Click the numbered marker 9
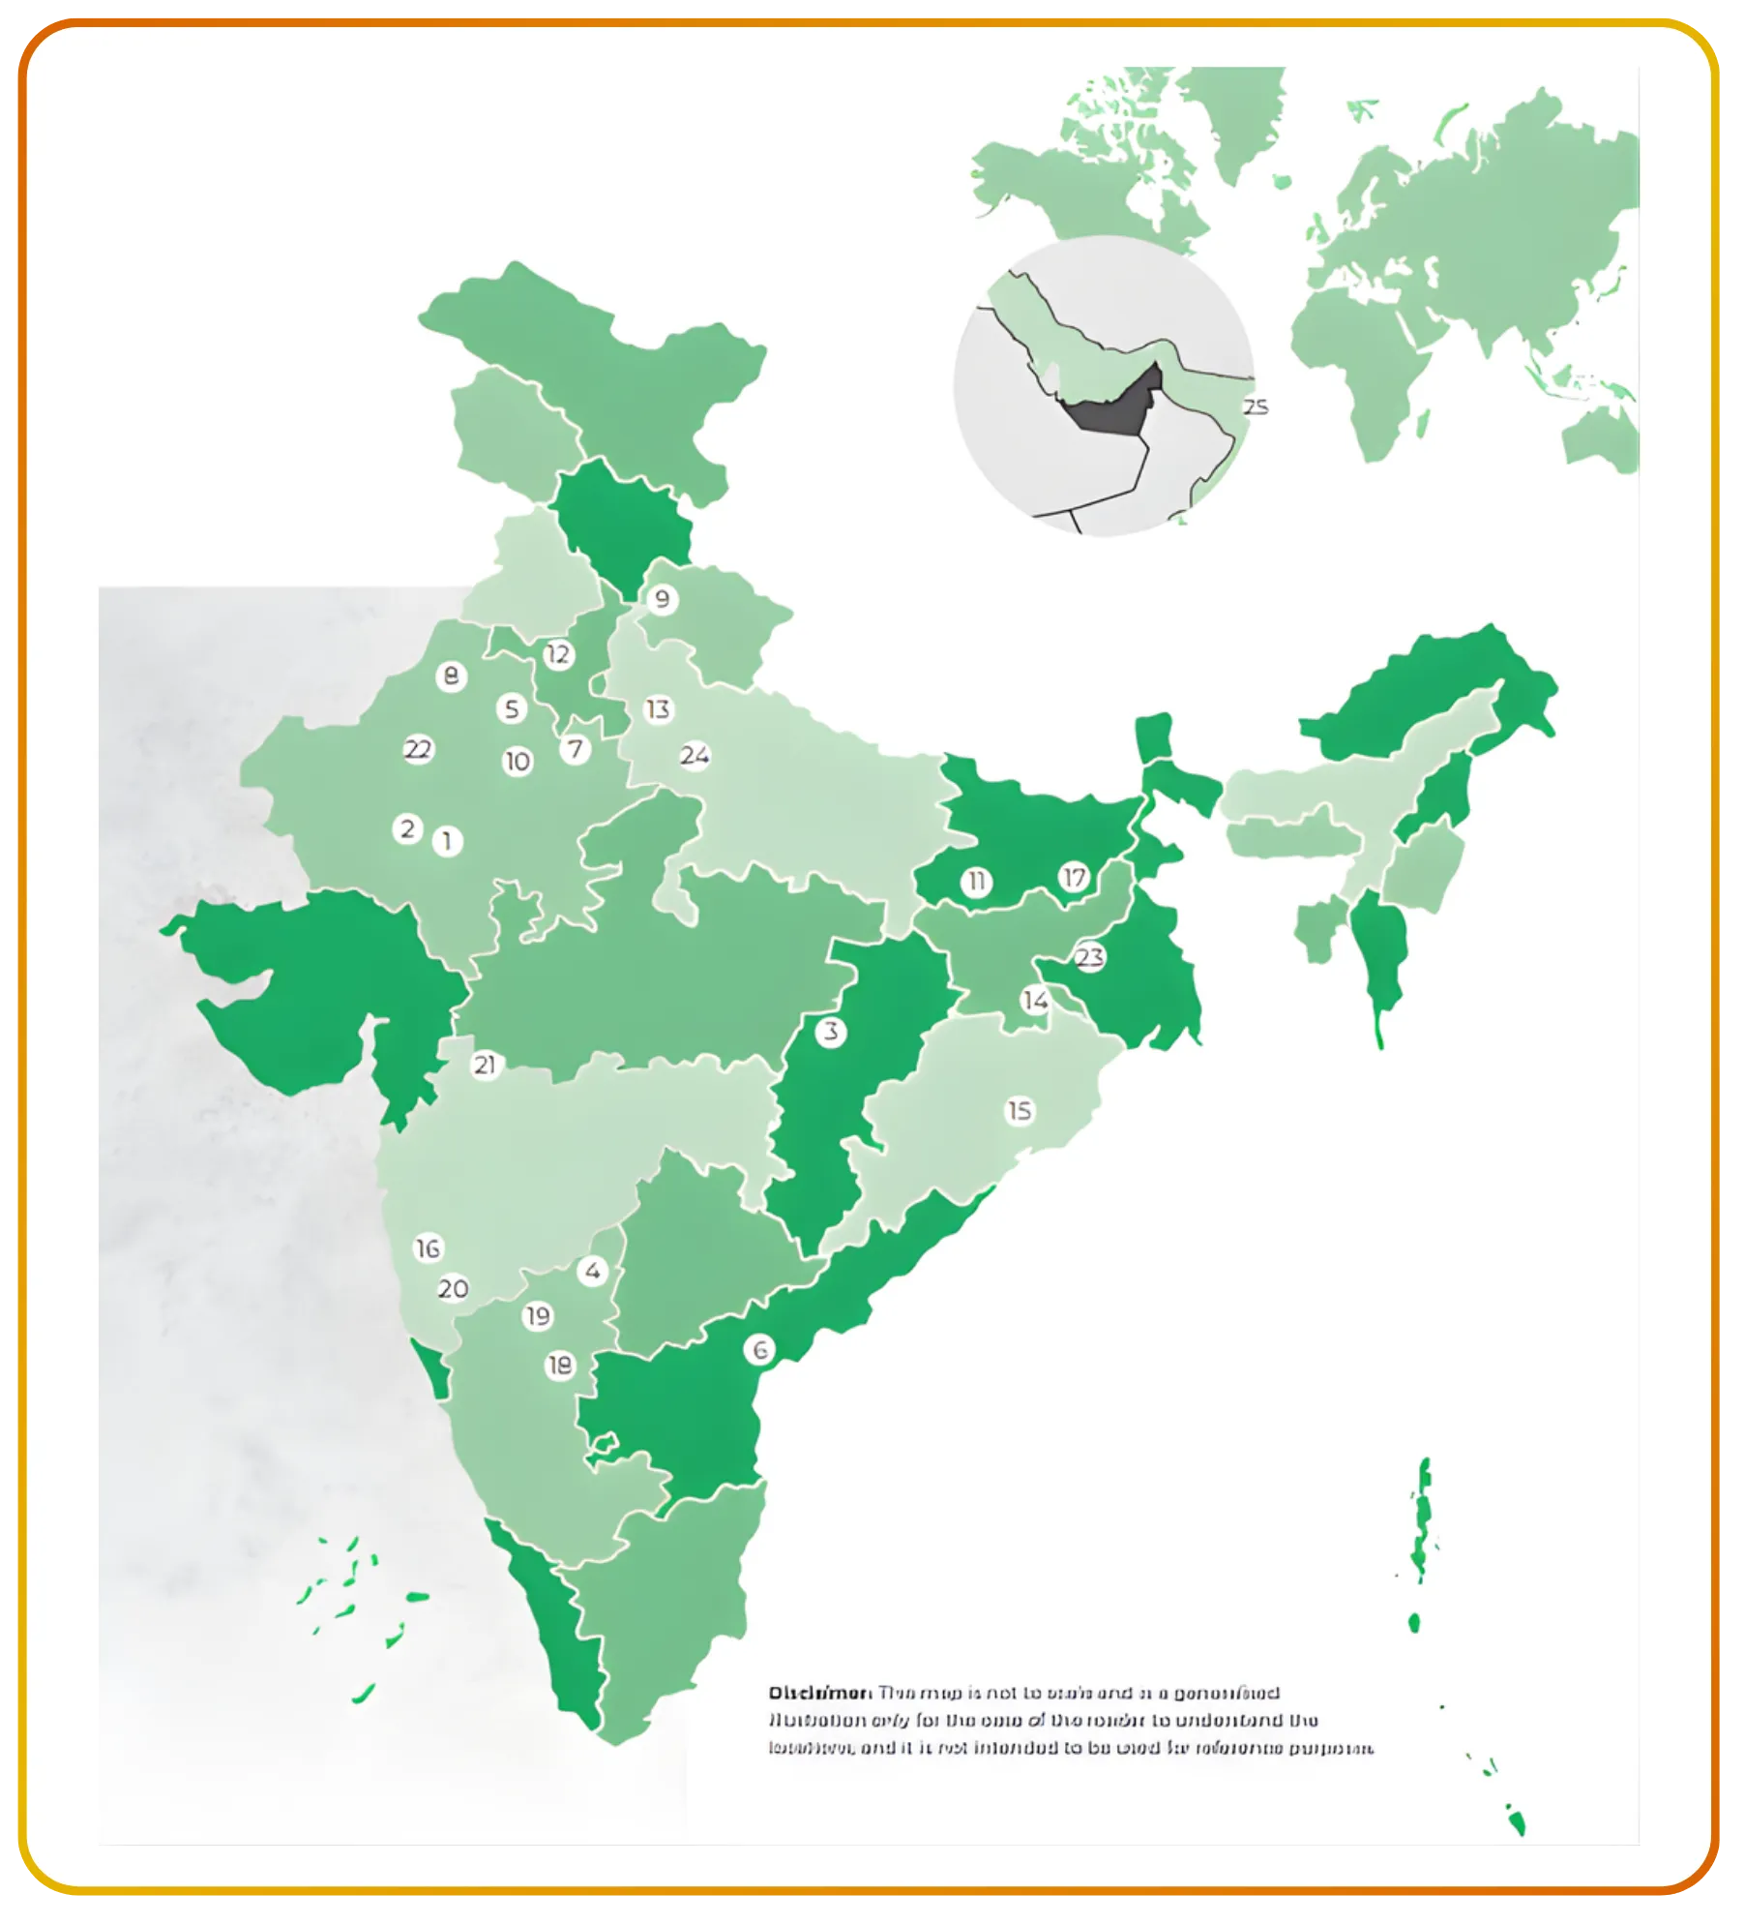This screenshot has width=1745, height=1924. click(x=662, y=599)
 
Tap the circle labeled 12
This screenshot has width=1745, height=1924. click(x=558, y=655)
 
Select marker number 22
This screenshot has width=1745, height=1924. click(x=418, y=750)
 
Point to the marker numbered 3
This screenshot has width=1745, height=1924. click(x=831, y=1032)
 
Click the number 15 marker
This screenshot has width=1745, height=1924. click(x=1020, y=1111)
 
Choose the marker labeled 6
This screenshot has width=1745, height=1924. click(x=760, y=1350)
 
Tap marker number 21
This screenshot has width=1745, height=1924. click(x=485, y=1066)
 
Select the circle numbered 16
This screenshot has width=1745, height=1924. click(x=428, y=1248)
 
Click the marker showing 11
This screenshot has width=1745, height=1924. click(x=977, y=882)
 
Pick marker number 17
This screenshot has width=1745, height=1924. click(x=1074, y=878)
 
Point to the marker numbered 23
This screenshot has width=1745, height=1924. click(x=1089, y=957)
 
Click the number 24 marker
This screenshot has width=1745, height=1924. click(x=695, y=755)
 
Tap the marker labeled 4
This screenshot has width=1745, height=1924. click(x=593, y=1271)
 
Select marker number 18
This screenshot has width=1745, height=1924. click(x=560, y=1366)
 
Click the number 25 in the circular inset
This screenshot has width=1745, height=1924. click(x=1255, y=407)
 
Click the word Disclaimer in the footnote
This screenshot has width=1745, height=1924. click(x=819, y=1693)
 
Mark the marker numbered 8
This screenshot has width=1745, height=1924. click(x=451, y=676)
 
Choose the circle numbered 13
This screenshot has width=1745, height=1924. click(x=659, y=709)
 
